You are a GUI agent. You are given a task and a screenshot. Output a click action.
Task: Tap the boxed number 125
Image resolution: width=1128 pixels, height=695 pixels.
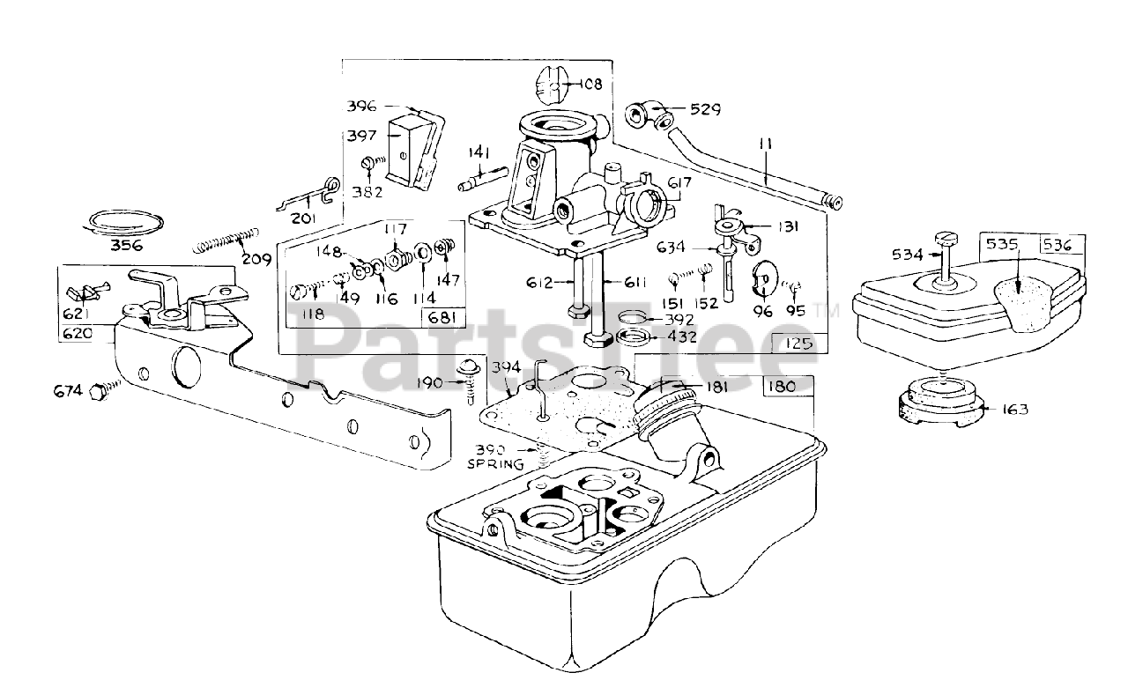click(798, 344)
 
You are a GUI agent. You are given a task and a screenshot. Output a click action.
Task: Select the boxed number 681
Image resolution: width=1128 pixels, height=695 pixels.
click(442, 317)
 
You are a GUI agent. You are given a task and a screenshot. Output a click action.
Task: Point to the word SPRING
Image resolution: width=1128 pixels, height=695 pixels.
click(495, 463)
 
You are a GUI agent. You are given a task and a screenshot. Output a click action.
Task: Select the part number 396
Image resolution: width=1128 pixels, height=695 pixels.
click(361, 106)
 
